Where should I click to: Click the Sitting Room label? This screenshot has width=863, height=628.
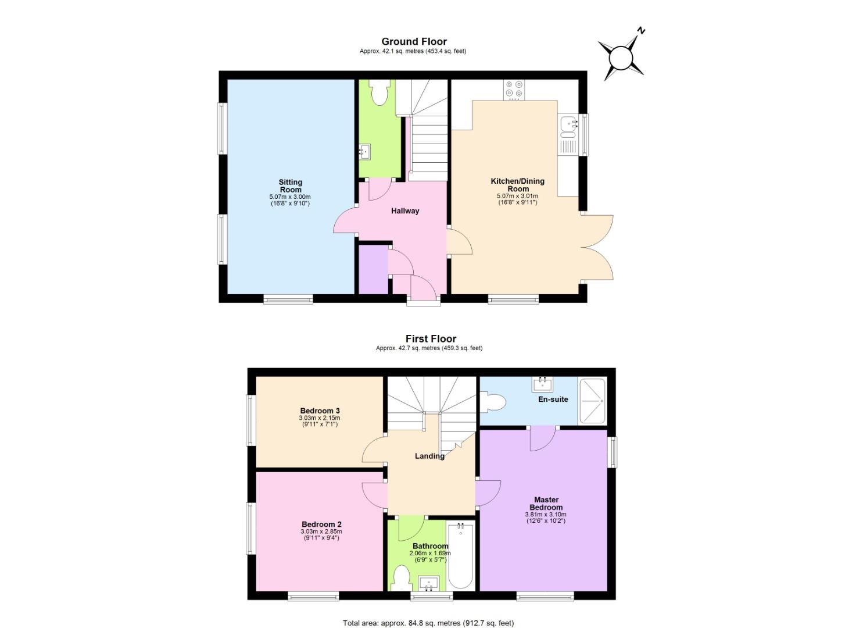click(x=291, y=186)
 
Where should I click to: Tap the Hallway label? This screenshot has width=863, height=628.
click(x=405, y=211)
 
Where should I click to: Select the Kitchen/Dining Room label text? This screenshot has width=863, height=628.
click(x=517, y=185)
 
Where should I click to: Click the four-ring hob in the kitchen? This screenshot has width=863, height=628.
click(x=514, y=90)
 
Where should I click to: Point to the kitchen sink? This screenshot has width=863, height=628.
click(x=569, y=126)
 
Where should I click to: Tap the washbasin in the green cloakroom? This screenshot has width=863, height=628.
click(x=364, y=151)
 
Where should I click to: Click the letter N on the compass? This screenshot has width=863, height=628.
click(x=641, y=30)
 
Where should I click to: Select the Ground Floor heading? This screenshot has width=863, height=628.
click(x=414, y=41)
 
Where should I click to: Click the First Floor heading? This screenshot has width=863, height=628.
click(x=431, y=338)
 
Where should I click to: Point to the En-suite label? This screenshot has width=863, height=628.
click(x=553, y=399)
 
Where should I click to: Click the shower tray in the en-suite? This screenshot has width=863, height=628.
click(x=592, y=401)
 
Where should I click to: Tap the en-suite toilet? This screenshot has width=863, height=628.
click(x=493, y=402)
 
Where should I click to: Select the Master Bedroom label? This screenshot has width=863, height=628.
click(x=546, y=504)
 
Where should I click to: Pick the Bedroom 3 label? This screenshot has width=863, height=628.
click(x=320, y=411)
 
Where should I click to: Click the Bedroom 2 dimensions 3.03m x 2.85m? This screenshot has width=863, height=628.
click(x=321, y=531)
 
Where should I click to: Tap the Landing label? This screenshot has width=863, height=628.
click(x=429, y=456)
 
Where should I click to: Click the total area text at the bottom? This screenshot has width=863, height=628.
click(x=428, y=612)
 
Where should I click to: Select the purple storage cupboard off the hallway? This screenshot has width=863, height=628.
click(x=373, y=269)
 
